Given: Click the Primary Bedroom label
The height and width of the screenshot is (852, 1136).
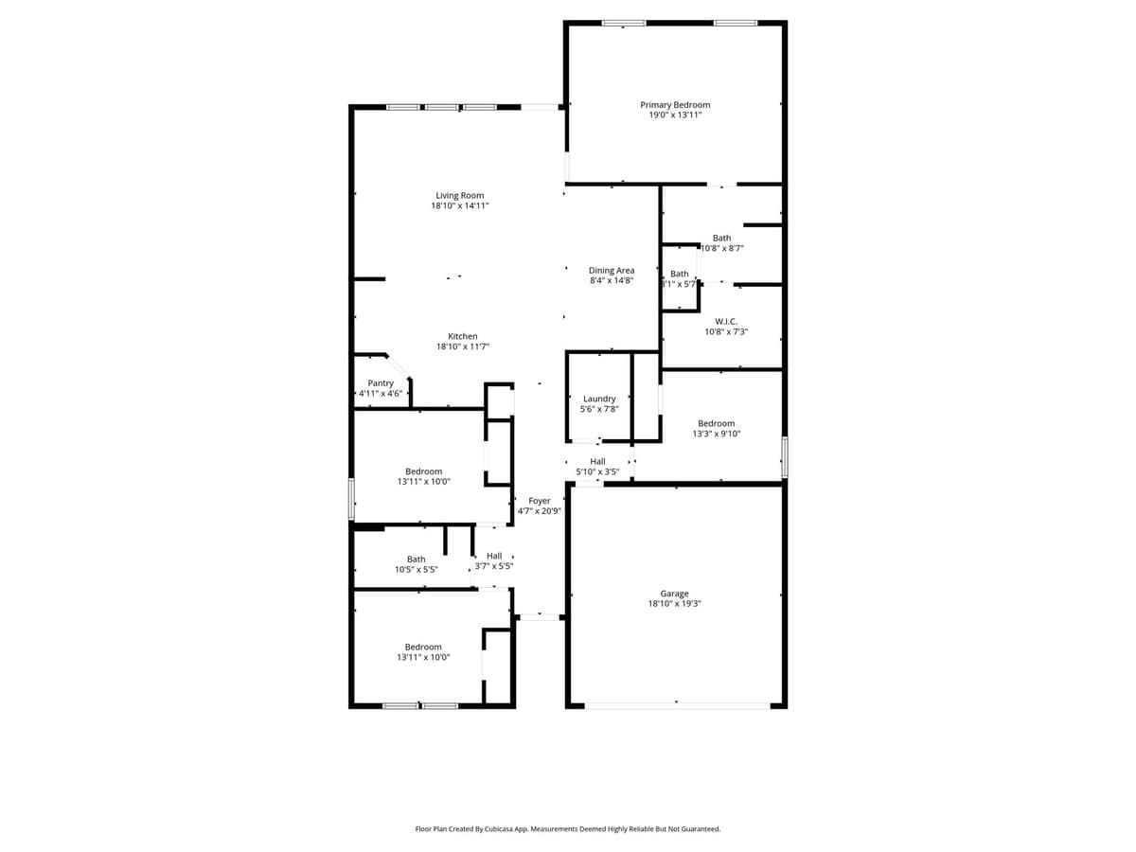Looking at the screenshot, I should [675, 105].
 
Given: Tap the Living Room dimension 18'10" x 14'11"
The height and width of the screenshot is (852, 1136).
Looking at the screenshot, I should [460, 205].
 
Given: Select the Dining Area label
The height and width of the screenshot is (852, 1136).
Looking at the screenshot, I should [612, 271].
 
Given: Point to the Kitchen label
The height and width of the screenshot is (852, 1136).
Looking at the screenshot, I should [463, 336].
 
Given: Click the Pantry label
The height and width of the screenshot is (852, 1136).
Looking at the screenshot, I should [381, 383].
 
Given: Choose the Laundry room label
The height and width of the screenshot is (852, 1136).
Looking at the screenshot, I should [599, 399].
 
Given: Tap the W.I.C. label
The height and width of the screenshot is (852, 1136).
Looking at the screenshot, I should [726, 322].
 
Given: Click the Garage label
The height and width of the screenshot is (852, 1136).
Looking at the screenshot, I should [675, 594].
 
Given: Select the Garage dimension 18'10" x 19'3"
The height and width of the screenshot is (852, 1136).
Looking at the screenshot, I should [675, 604].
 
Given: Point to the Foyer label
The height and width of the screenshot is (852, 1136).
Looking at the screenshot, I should [540, 501].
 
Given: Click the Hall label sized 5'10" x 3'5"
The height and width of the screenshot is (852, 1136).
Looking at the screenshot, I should [597, 461].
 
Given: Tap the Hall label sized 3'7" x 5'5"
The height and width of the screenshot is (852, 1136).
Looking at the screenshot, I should [494, 556].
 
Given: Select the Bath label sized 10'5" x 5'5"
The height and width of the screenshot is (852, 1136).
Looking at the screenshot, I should [417, 559].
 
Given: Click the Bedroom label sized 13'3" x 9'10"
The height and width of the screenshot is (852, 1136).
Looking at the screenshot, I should [717, 423].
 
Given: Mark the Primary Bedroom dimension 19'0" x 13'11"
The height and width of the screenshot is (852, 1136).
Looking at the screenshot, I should [675, 115].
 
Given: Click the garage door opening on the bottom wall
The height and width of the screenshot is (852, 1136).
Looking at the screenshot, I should [677, 705].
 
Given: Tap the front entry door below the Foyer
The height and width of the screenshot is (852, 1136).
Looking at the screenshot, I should [541, 617].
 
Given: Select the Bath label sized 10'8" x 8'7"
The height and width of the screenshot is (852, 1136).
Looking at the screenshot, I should [721, 239].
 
